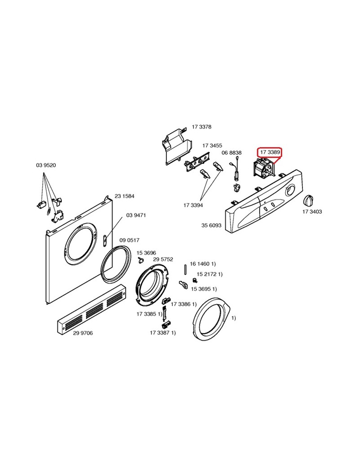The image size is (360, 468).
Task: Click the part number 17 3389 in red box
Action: pos(270,152)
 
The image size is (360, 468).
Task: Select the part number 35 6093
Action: pos(211,225)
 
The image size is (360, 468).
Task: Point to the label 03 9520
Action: pos(46,165)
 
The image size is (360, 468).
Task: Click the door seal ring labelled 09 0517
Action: pos(116,263)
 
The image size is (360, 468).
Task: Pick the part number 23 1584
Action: pos(125,196)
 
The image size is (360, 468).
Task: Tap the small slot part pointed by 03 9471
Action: pos(105,240)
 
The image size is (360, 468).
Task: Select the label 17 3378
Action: pos(202,127)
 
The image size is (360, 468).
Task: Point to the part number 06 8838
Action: pos(232,153)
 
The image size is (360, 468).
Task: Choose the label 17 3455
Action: pos(212,145)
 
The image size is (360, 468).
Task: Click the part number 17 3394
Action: pos(193,205)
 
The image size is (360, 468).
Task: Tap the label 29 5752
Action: pos(163,259)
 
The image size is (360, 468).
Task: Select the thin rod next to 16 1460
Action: pos(185,270)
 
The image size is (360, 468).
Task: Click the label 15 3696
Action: pos(146,253)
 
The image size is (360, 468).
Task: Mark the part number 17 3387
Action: pos(160,333)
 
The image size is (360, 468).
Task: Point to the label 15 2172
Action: pos(207,274)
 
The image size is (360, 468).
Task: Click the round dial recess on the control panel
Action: pos(290,191)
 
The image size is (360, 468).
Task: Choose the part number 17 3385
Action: pos(147,314)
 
